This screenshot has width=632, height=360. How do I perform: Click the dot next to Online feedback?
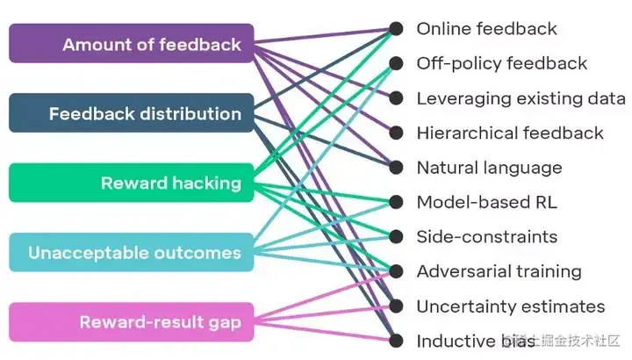coord(397,29)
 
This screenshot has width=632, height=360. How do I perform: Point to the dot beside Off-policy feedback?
coord(397,63)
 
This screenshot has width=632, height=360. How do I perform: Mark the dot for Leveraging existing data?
coord(397,98)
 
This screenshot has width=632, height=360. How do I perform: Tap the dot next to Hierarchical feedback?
coord(397,133)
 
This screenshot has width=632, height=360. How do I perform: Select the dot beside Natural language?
coord(397,168)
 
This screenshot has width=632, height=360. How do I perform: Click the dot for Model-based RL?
coord(397,202)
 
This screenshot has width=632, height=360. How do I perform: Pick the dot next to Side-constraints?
coord(397,237)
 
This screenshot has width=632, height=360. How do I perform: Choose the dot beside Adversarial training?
coord(397,271)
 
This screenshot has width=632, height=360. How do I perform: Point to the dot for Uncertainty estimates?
coord(397,306)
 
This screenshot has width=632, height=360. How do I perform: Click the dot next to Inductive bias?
coord(397,341)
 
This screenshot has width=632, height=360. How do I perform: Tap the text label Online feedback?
coord(486,29)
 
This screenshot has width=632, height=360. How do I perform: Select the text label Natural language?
coord(489,168)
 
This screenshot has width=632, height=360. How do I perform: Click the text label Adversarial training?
coord(499,271)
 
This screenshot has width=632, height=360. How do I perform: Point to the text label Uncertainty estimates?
coord(510,306)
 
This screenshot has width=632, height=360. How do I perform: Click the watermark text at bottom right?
coord(562,340)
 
